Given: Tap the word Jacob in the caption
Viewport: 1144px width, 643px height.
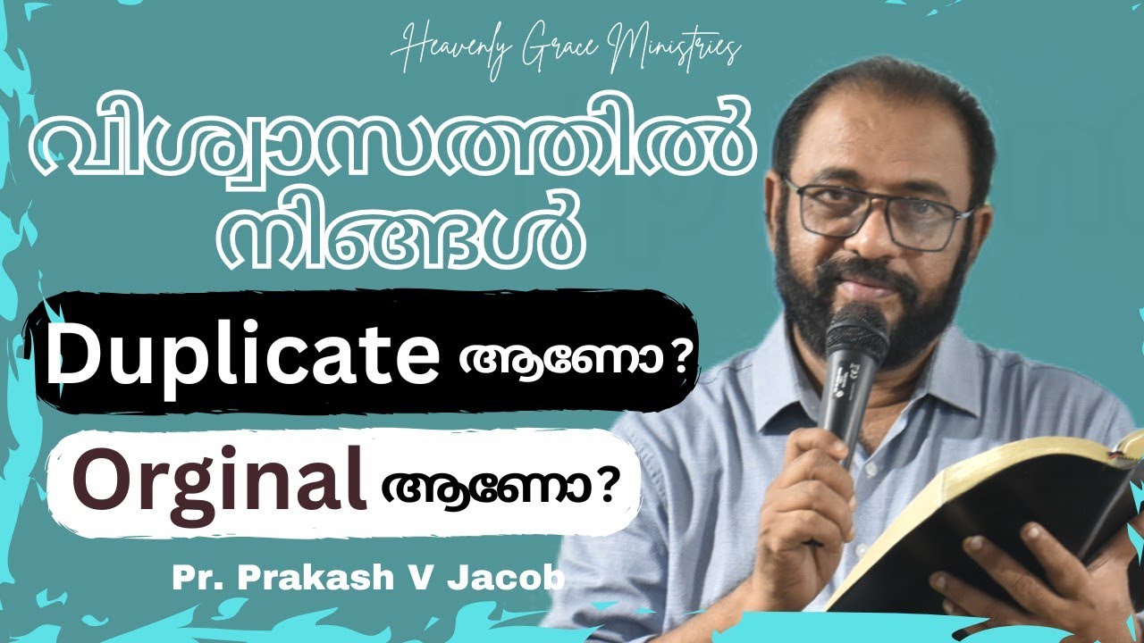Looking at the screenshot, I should coord(524,579).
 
